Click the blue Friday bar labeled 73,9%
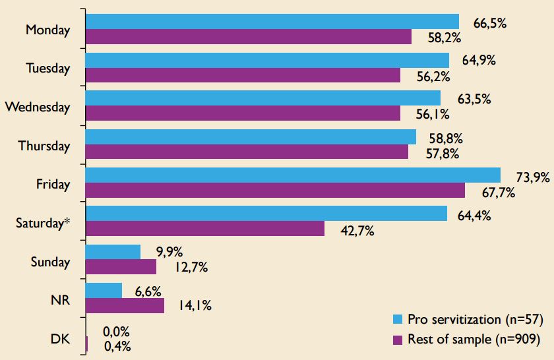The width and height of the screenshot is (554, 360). pyautogui.click(x=293, y=175)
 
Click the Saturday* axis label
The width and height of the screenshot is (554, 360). pyautogui.click(x=43, y=223)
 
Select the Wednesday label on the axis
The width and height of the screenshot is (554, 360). pyautogui.click(x=37, y=107)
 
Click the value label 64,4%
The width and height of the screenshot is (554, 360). pyautogui.click(x=474, y=214)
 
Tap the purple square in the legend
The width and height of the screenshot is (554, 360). pyautogui.click(x=398, y=340)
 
